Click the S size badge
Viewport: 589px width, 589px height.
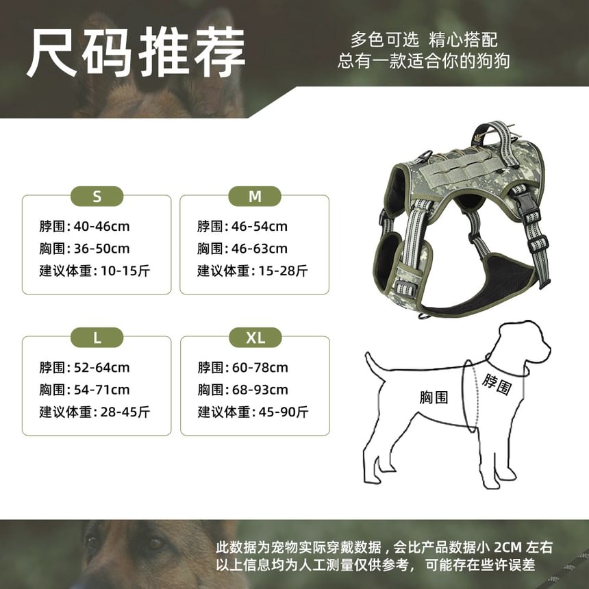point(97,196)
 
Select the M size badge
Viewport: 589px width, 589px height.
point(255,196)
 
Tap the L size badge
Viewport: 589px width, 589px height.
point(97,338)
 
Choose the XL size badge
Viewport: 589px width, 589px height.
point(255,338)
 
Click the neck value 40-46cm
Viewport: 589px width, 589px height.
point(101,227)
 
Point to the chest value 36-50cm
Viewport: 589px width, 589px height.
point(101,249)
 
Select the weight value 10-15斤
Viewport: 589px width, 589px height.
point(125,271)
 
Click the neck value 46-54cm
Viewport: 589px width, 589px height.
point(260,227)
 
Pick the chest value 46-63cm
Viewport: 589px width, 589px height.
point(260,249)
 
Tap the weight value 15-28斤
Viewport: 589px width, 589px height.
point(284,271)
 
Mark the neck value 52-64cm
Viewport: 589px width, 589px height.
point(101,367)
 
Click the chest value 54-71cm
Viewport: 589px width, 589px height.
point(101,390)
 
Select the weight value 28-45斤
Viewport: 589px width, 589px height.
point(125,412)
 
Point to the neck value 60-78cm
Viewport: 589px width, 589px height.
point(260,367)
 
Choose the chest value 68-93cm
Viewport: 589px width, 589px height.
point(260,390)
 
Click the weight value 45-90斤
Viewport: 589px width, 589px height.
point(284,412)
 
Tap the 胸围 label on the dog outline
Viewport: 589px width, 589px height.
point(434,397)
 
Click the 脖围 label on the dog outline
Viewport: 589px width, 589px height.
point(497,384)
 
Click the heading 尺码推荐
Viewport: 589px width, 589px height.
point(136,52)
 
